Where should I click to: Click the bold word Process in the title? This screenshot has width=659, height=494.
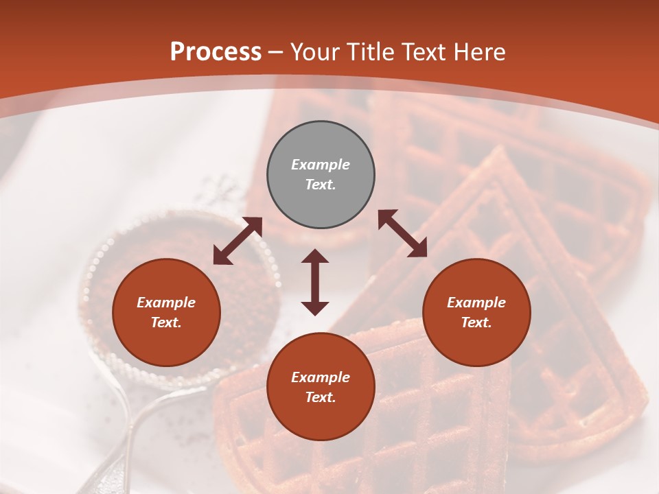216,52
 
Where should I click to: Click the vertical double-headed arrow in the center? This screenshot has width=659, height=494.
315,282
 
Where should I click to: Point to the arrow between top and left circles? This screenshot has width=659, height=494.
238,241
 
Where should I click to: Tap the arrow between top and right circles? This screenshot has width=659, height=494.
402,234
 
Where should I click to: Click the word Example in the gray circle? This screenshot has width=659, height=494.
321,165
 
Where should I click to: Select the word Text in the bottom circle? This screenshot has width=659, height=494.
321,397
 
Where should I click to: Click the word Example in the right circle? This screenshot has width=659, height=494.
476,303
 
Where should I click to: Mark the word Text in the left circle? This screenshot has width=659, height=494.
166,322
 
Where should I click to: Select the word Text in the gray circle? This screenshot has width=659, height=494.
321,185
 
